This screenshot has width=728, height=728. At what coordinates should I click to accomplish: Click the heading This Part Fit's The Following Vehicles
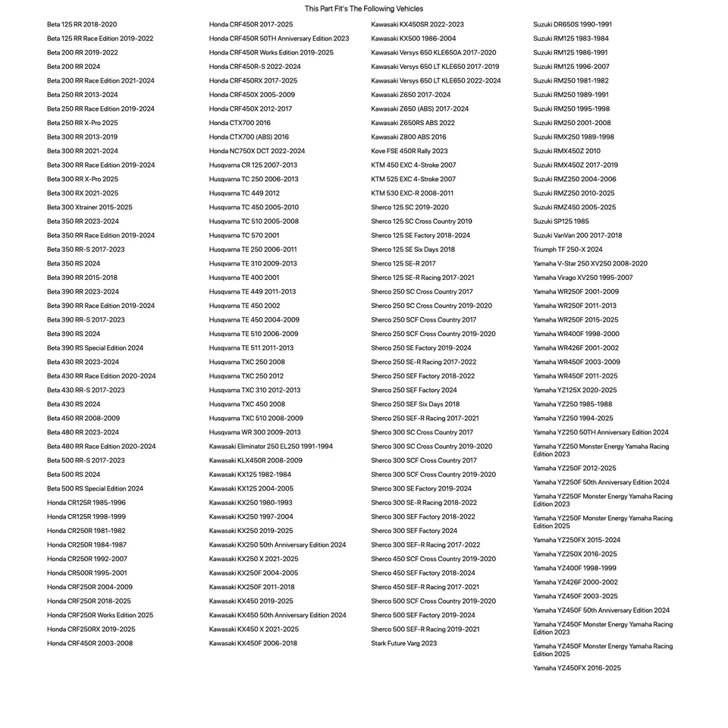tap(364, 9)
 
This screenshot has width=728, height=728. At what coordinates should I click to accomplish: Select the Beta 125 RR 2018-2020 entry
tap(82, 24)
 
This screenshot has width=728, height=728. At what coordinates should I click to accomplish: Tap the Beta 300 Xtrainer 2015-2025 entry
tap(89, 207)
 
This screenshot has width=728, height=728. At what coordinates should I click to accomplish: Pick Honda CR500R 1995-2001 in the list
tap(87, 573)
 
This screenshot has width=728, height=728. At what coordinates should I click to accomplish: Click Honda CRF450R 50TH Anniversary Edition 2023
tap(279, 39)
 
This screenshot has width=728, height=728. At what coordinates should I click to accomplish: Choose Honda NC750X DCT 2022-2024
tap(257, 151)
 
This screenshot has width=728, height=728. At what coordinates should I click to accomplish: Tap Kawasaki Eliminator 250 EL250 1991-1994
tap(271, 447)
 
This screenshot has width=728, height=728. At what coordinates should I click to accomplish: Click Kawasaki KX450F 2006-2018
tap(253, 643)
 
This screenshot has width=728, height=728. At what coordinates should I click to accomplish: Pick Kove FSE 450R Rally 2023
tap(409, 151)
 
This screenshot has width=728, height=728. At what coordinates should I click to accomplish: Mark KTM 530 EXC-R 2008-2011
tap(413, 193)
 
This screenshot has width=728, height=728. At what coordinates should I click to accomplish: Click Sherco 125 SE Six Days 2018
tap(413, 249)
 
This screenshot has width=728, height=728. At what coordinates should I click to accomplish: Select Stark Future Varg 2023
tap(404, 643)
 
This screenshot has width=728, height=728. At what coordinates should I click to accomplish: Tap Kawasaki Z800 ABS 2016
tap(409, 137)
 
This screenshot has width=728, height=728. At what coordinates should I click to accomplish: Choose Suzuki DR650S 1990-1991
tap(573, 24)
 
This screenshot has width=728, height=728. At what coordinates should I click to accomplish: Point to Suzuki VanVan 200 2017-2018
tap(577, 235)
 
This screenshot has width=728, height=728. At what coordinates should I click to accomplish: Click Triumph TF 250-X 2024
tap(568, 249)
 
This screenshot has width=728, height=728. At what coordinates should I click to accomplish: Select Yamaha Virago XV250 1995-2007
tap(582, 278)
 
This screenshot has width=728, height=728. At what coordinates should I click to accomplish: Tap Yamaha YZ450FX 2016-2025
tap(577, 668)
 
